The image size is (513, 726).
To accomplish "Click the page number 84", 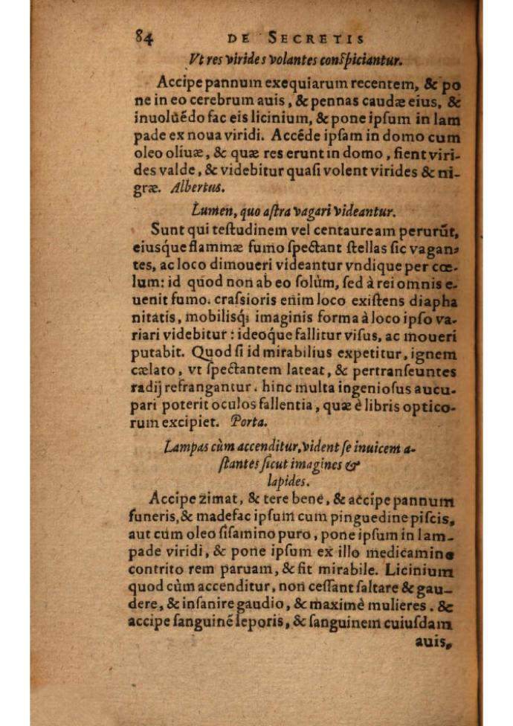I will point(144,36).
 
